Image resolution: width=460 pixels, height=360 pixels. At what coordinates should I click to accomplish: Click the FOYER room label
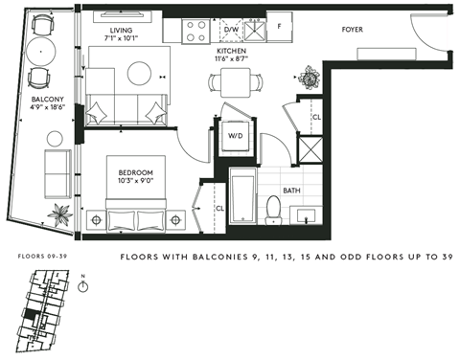tap(354, 30)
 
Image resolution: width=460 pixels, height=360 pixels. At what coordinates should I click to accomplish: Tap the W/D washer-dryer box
tap(234, 135)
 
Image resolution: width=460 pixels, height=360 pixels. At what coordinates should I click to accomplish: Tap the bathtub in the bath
tap(241, 199)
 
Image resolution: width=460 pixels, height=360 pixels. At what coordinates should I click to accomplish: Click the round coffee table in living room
tap(141, 74)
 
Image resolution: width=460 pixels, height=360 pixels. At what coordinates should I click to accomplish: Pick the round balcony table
tap(41, 52)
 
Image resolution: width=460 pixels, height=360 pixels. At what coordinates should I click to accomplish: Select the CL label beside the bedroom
tap(219, 207)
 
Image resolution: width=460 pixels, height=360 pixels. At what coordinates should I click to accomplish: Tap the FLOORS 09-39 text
tap(41, 257)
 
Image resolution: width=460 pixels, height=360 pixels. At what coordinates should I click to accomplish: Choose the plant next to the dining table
tap(309, 76)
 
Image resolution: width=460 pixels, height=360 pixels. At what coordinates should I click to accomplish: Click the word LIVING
tap(121, 30)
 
